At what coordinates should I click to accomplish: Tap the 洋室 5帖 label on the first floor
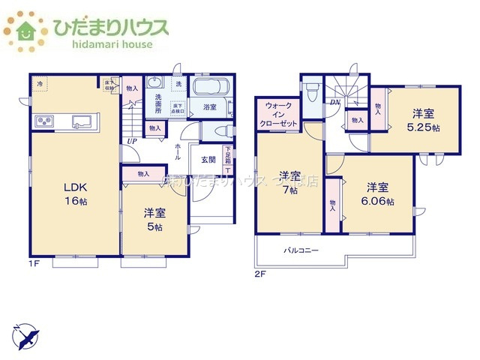pyautogui.click(x=155, y=218)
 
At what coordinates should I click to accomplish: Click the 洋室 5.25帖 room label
pyautogui.click(x=424, y=121)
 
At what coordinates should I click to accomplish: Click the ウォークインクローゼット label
pyautogui.click(x=278, y=115)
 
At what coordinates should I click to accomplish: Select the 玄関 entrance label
pyautogui.click(x=208, y=159)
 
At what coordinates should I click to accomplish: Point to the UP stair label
pyautogui.click(x=132, y=140)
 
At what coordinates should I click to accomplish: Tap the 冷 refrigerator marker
pyautogui.click(x=40, y=83)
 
